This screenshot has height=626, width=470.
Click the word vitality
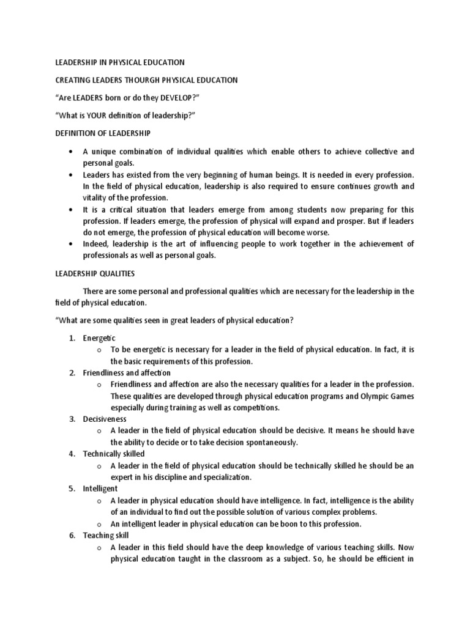coord(97,197)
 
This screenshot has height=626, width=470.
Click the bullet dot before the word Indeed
coord(72,244)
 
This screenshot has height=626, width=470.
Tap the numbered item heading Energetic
coord(99,338)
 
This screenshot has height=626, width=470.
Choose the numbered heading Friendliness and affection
coord(127,372)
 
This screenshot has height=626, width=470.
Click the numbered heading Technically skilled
coord(114,454)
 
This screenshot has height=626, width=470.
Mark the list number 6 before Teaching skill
coord(72,535)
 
